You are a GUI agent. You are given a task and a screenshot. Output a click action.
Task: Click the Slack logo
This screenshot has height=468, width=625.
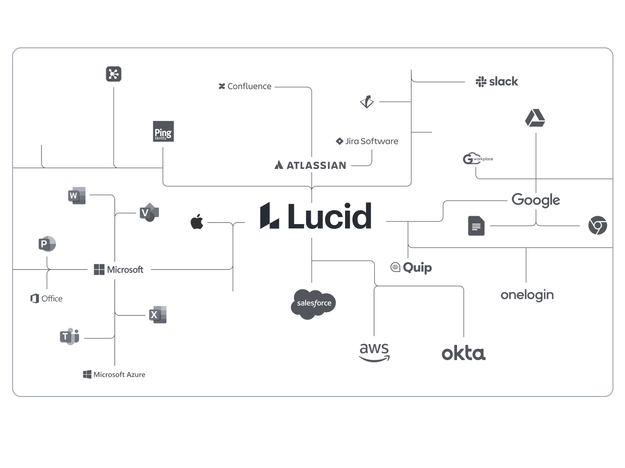pyautogui.click(x=497, y=81)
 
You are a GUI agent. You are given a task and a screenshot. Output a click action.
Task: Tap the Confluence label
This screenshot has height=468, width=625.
pyautogui.click(x=245, y=86)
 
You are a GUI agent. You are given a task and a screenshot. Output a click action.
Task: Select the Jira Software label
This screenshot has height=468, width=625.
pyautogui.click(x=367, y=141)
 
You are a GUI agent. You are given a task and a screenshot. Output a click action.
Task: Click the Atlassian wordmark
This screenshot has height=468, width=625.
pyautogui.click(x=310, y=165)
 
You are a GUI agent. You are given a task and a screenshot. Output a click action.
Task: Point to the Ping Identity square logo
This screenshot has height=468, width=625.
pyautogui.click(x=163, y=131)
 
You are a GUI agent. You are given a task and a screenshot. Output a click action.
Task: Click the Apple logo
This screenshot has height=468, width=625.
pyautogui.click(x=197, y=222)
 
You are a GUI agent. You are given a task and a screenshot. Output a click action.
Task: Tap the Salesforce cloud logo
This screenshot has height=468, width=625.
pyautogui.click(x=313, y=303)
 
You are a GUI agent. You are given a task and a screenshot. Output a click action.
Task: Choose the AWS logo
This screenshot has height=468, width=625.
pyautogui.click(x=374, y=352)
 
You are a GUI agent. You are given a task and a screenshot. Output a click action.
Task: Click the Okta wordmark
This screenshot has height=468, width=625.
pyautogui.click(x=464, y=353)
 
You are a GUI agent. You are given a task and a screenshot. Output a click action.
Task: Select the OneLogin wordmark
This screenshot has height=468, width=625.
pyautogui.click(x=527, y=295)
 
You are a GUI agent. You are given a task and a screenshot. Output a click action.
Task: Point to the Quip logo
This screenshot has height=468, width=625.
pyautogui.click(x=411, y=267)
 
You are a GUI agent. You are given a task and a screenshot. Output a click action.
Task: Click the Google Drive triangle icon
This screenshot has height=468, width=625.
pyautogui.click(x=535, y=118)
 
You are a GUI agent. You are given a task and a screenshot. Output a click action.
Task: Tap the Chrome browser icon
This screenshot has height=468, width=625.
pyautogui.click(x=598, y=226)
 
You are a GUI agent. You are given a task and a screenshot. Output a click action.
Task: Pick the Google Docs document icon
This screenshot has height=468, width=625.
pyautogui.click(x=476, y=226)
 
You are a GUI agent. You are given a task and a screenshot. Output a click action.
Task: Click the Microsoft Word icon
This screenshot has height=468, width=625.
pyautogui.click(x=77, y=195)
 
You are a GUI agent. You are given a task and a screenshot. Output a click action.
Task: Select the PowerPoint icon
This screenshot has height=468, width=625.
pyautogui.click(x=47, y=244)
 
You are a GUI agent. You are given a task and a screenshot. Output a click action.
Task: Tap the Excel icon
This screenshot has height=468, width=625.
pyautogui.click(x=158, y=315)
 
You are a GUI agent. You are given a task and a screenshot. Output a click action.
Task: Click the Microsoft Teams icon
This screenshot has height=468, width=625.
pyautogui.click(x=69, y=336)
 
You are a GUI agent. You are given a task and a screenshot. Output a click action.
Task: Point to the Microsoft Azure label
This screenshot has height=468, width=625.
pyautogui.click(x=114, y=374)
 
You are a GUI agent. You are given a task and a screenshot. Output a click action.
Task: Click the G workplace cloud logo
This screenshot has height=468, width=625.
pyautogui.click(x=477, y=159)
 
